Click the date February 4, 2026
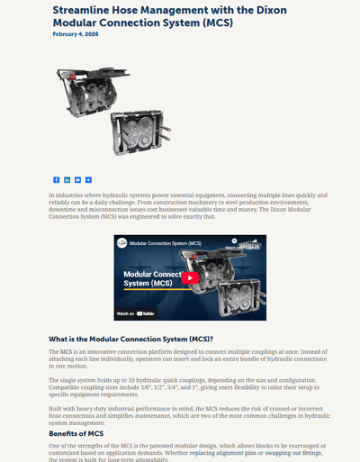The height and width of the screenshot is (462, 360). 76,33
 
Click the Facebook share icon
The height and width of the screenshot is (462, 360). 56,180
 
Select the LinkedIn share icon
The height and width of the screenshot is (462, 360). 67,180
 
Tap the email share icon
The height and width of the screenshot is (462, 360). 77,180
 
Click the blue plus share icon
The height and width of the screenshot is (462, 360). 88,180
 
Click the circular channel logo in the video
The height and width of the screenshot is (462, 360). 121,243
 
